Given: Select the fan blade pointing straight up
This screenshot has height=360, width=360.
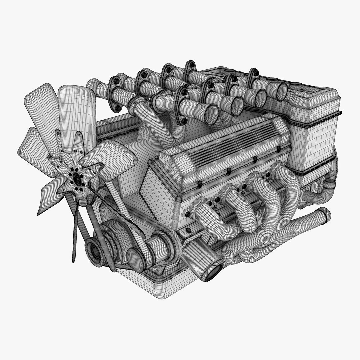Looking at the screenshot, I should coord(77,110).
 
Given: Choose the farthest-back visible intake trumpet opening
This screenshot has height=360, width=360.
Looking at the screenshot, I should coord(281,92).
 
